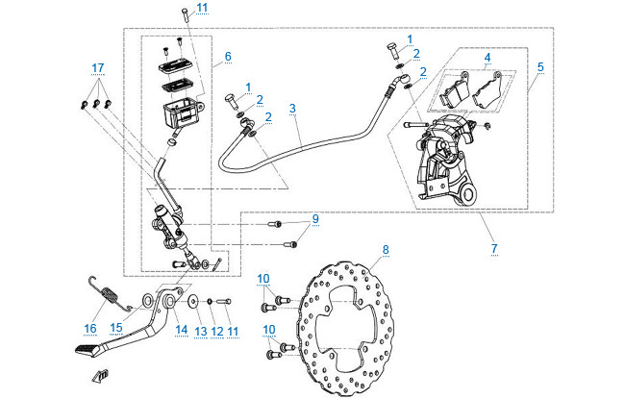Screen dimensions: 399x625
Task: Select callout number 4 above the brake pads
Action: [x=488, y=58]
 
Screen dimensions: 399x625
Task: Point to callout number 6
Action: [x=227, y=57]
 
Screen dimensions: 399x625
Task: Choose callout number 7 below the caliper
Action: [x=494, y=249]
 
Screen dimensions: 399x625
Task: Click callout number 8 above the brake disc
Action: [x=386, y=250]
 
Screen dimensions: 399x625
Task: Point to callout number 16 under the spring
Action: [x=89, y=329]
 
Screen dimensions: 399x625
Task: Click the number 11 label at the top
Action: [x=201, y=9]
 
